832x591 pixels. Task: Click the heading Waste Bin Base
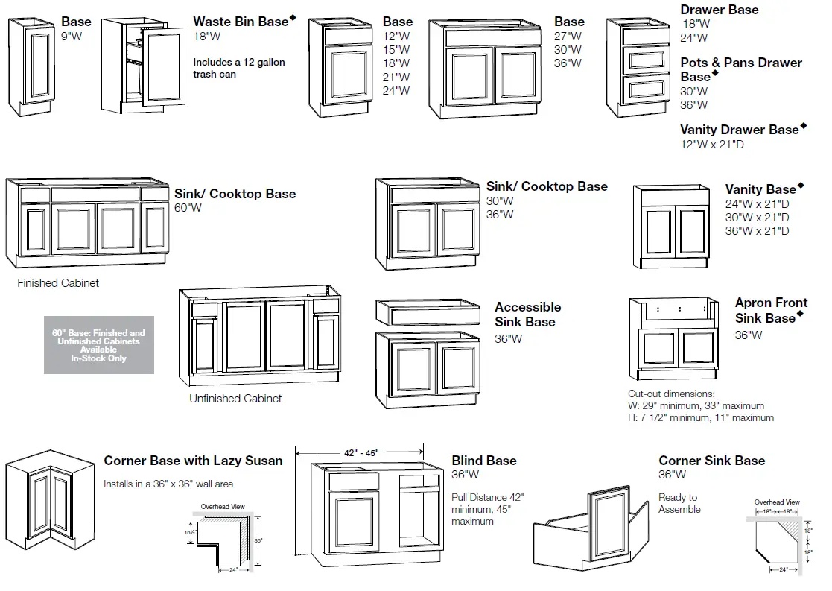[240, 22]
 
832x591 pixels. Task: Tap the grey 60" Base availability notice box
[99, 345]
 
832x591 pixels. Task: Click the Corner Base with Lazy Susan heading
[193, 461]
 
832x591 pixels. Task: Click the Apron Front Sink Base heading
[770, 310]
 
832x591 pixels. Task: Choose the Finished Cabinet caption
[58, 283]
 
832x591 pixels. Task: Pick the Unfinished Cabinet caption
[235, 399]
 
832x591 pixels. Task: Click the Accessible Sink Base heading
[527, 315]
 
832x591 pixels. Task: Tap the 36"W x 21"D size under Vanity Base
[757, 231]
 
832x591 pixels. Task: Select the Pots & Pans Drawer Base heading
[740, 69]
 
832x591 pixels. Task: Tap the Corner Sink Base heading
[711, 461]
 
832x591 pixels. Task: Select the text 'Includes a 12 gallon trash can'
[238, 68]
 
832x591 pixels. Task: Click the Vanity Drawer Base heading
[739, 130]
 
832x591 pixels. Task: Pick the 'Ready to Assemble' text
[679, 503]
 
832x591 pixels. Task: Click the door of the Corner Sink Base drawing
[610, 526]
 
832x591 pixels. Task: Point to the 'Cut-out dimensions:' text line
[671, 394]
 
